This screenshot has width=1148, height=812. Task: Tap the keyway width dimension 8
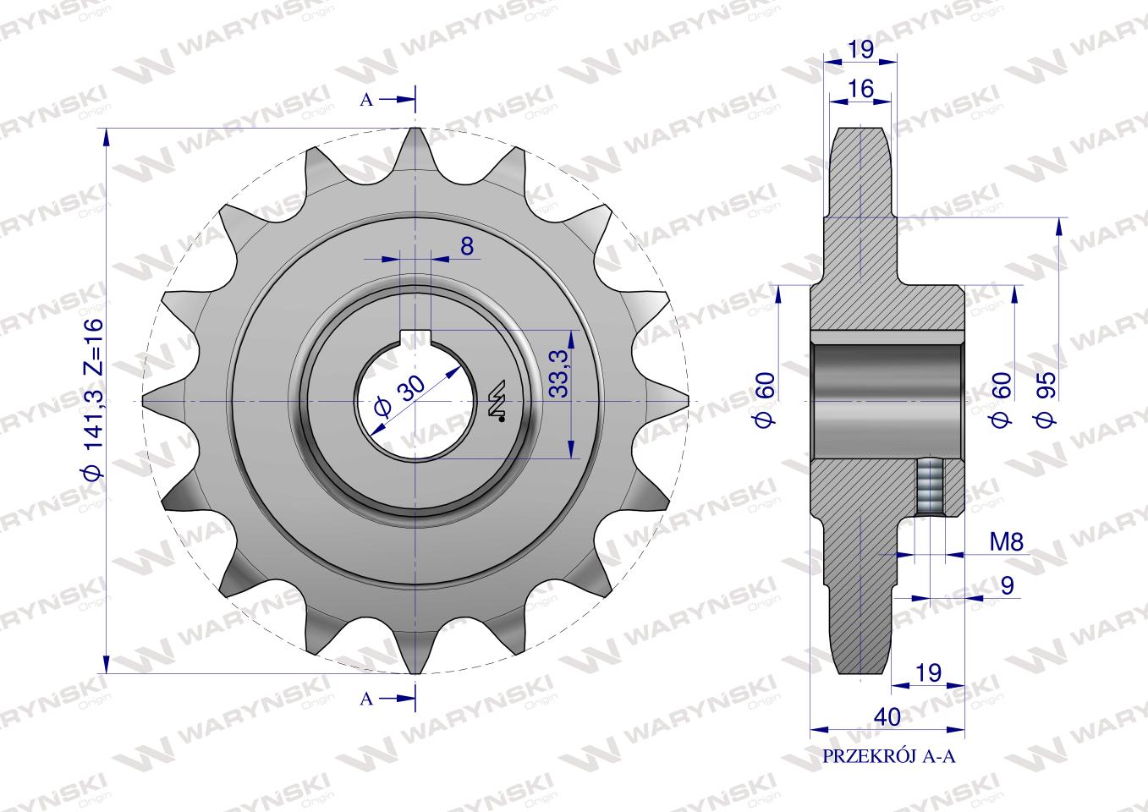point(467,246)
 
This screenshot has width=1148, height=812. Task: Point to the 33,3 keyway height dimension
point(559,373)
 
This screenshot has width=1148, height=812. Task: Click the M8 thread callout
point(1007,541)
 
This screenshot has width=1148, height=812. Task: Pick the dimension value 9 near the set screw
point(1007,585)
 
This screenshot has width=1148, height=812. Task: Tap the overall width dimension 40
point(887,717)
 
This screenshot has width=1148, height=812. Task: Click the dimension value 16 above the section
point(860,89)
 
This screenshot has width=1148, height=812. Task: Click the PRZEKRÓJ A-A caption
point(889,757)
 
